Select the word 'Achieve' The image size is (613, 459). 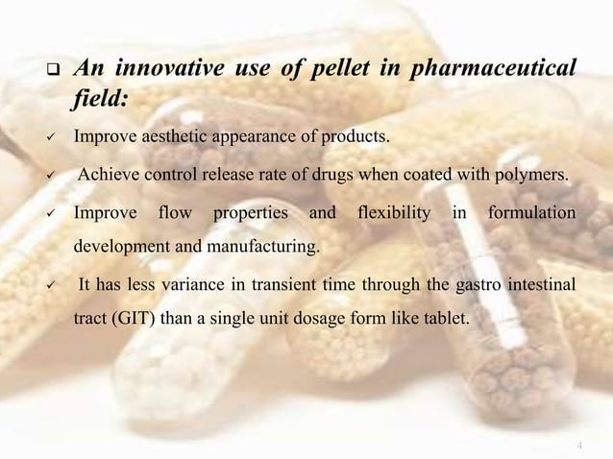coord(109,174)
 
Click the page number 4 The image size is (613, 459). coord(580,445)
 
